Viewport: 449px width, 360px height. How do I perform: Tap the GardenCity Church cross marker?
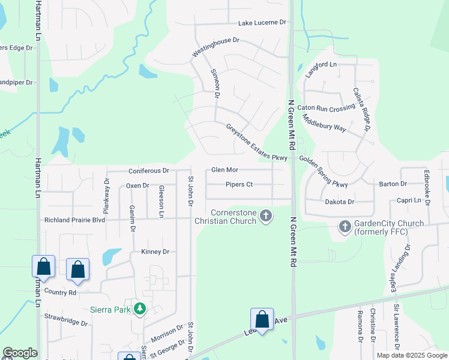(x=345, y=227)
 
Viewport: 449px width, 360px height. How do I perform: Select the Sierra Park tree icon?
(x=140, y=309)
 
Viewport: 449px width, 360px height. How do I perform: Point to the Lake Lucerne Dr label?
(x=262, y=23)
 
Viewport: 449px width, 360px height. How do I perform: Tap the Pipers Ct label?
(x=239, y=185)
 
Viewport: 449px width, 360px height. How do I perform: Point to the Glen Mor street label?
(x=225, y=170)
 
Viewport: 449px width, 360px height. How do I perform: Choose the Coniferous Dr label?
(x=148, y=170)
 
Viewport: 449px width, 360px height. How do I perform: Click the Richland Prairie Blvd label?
(x=74, y=220)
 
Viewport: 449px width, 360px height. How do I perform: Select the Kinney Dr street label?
(x=155, y=251)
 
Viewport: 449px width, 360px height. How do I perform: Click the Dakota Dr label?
(x=340, y=202)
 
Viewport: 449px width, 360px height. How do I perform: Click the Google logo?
(x=20, y=353)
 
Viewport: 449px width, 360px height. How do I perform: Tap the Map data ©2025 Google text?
(x=411, y=355)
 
